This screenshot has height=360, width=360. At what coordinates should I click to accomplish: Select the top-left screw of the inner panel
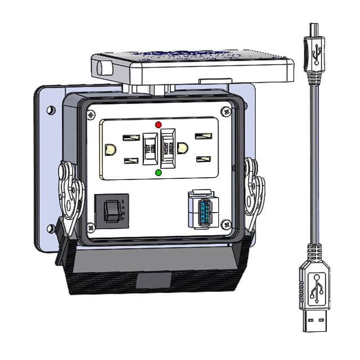(91, 115)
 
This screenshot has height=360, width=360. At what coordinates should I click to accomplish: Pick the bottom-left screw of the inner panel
(90, 228)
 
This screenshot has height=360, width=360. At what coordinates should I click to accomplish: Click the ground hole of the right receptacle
(182, 148)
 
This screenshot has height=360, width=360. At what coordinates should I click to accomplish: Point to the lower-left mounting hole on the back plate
(51, 228)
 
